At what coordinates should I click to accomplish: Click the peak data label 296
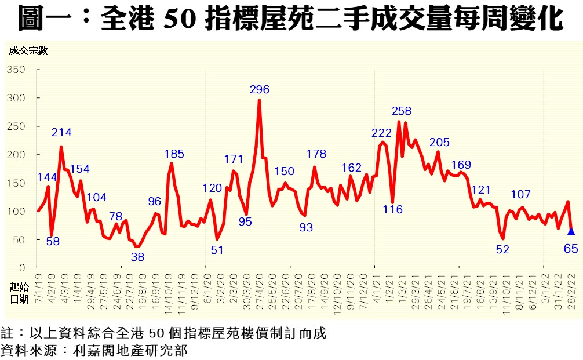click(260, 89)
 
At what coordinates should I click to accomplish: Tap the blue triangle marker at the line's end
click(571, 231)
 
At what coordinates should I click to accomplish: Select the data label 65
click(571, 249)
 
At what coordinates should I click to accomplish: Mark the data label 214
click(61, 133)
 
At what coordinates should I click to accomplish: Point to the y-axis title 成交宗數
click(28, 50)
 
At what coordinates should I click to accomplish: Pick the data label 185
click(174, 154)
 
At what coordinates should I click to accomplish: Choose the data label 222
click(382, 133)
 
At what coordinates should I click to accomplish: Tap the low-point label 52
click(502, 249)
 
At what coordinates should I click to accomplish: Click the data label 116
click(392, 209)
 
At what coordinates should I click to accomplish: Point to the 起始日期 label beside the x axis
click(19, 294)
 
